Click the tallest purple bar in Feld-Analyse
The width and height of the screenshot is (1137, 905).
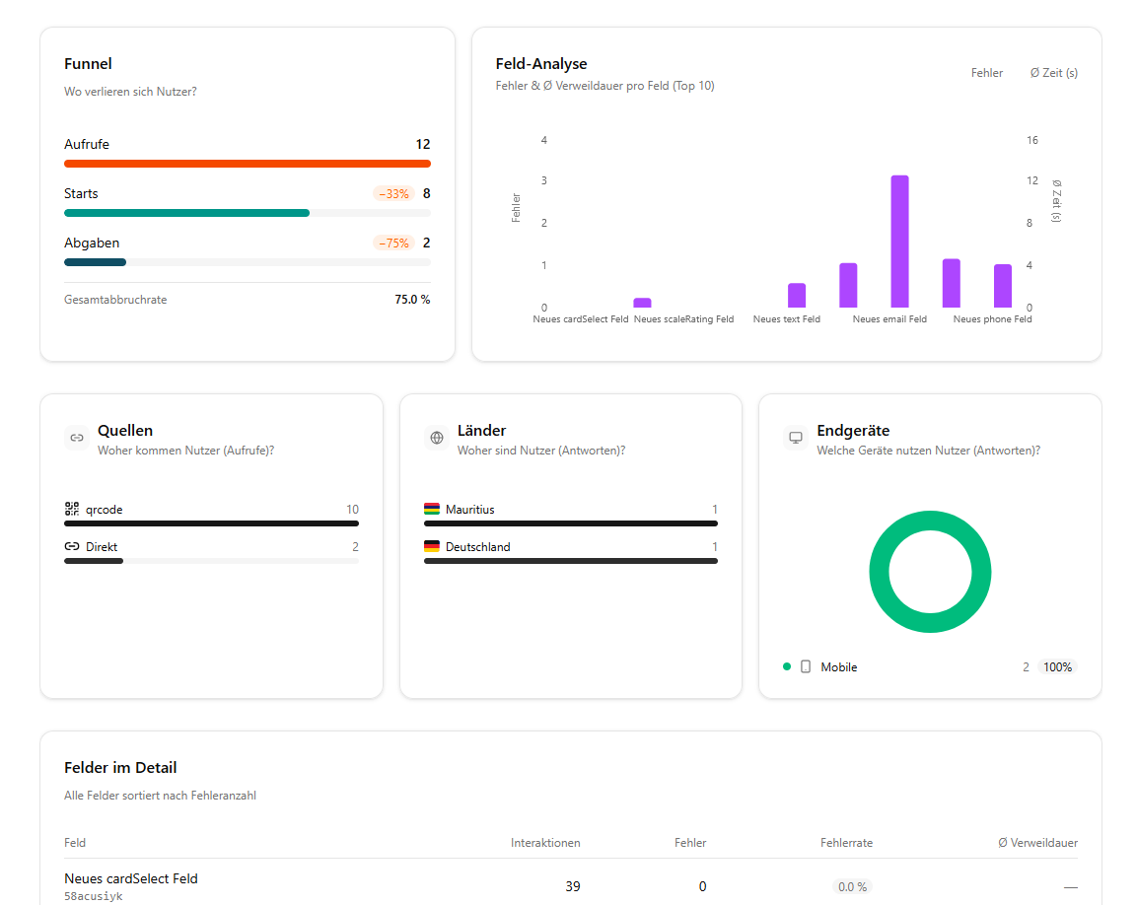coord(899,242)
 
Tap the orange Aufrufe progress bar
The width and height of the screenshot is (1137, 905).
coord(247,164)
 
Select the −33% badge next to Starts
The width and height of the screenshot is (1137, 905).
coord(393,194)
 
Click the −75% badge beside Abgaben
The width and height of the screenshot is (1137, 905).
coord(393,244)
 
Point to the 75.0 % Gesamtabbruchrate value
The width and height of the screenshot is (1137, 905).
coord(412,300)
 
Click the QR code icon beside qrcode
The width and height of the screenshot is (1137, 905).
coord(72,510)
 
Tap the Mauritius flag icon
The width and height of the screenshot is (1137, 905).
coord(432,510)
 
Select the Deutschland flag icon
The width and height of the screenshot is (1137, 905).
coord(432,547)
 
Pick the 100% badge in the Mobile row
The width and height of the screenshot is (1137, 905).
coord(1057,667)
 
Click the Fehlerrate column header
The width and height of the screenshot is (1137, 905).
coord(846,843)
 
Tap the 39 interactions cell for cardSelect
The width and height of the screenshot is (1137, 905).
coord(572,886)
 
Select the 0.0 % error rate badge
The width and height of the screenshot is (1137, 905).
coord(852,887)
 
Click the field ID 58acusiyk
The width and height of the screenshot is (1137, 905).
coord(94,897)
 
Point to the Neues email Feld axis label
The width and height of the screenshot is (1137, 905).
coord(889,319)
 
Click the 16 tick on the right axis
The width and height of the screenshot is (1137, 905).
coord(1032,141)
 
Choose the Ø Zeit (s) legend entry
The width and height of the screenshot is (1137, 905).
coord(1053,73)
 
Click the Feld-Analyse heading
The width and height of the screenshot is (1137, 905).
coord(541,64)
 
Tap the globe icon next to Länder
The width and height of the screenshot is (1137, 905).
coord(437,438)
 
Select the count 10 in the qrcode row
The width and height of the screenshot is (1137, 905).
coord(352,510)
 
